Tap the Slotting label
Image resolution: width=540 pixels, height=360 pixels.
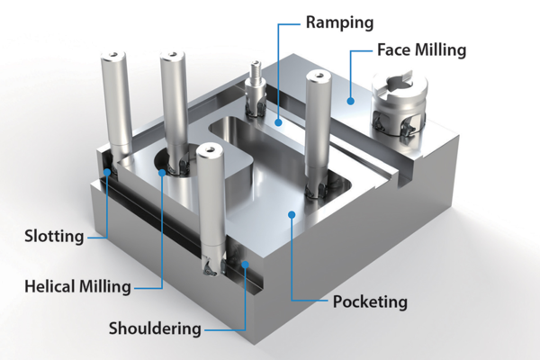click(x=54, y=237)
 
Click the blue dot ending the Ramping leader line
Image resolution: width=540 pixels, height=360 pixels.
click(x=280, y=120)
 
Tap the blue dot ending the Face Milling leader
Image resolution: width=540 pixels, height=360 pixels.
click(x=352, y=100)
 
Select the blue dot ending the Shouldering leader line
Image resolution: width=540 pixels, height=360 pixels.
click(x=245, y=265)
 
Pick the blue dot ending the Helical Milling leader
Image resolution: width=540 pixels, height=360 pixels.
click(x=162, y=171)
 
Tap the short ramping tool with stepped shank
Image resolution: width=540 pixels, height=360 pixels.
click(x=255, y=90)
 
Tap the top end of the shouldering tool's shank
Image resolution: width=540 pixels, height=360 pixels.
click(x=209, y=154)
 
